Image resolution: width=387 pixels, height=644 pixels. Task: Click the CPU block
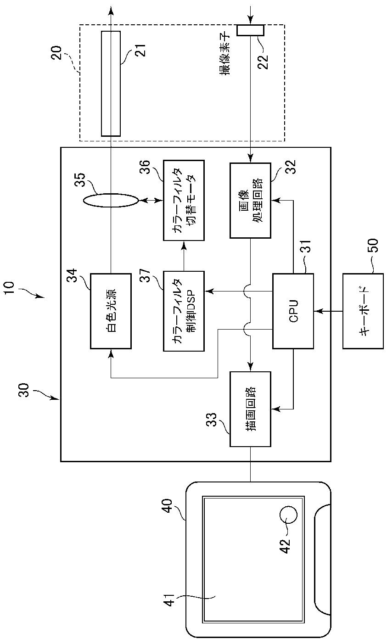[293, 311]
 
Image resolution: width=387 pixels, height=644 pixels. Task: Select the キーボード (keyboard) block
[363, 311]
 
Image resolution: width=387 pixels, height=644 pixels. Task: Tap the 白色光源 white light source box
[111, 311]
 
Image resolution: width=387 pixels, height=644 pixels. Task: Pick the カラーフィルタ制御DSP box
[184, 311]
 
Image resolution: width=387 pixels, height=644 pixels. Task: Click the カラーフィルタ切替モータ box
[184, 201]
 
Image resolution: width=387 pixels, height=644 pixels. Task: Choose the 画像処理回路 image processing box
[251, 201]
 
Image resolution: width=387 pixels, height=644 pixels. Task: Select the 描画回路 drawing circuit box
[251, 409]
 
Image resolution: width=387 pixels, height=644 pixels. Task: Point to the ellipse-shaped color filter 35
[111, 201]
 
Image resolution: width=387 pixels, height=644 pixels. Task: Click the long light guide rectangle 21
[111, 84]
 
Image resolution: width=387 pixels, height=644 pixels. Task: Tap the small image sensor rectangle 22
[251, 30]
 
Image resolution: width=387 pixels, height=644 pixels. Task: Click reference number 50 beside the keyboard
[373, 245]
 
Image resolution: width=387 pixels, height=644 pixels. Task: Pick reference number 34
[72, 275]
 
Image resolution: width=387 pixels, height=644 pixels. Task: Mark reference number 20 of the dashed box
[56, 53]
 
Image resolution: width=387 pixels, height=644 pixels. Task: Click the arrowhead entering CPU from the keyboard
[317, 311]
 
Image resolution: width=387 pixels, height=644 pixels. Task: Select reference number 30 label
[24, 390]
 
